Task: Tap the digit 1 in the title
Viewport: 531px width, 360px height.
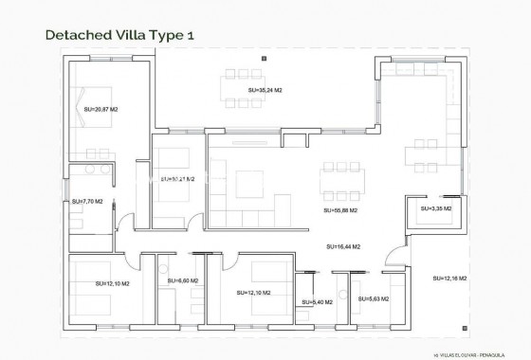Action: (192, 35)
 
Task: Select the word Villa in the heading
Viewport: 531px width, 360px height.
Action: (133, 35)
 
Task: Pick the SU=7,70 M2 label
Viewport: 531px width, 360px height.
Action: (86, 201)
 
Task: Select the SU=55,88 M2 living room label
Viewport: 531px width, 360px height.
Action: (340, 210)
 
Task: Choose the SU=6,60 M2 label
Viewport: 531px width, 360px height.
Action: (183, 280)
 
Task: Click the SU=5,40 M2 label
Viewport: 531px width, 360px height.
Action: (318, 302)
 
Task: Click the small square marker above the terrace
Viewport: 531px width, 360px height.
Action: (265, 59)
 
